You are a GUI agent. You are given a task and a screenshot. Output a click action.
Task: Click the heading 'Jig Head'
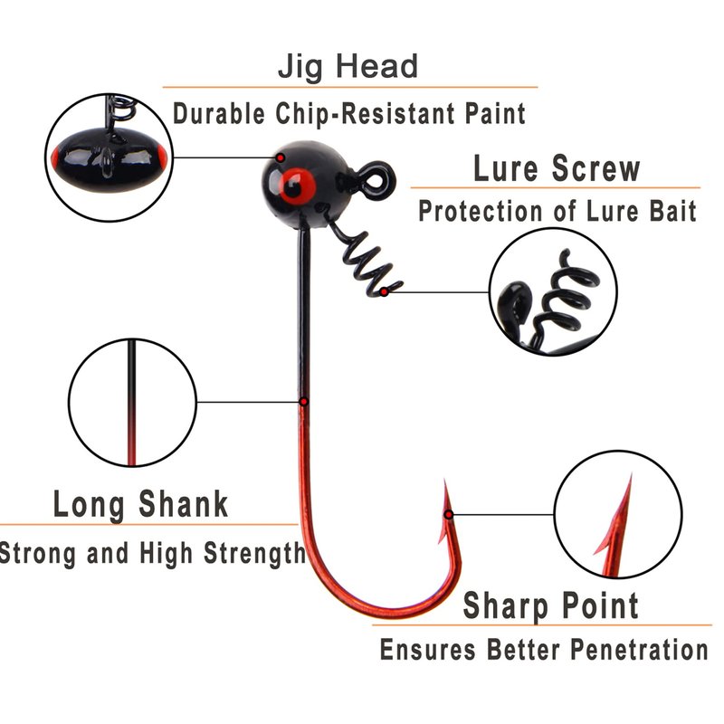(348, 67)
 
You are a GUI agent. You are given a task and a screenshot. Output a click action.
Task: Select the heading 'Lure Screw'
(557, 168)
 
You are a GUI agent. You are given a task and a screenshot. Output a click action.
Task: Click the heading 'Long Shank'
(141, 504)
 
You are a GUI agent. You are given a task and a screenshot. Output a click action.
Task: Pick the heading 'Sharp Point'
(551, 605)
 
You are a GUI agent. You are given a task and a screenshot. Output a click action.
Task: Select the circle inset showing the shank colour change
(132, 402)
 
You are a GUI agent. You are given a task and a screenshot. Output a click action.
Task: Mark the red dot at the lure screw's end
(386, 291)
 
